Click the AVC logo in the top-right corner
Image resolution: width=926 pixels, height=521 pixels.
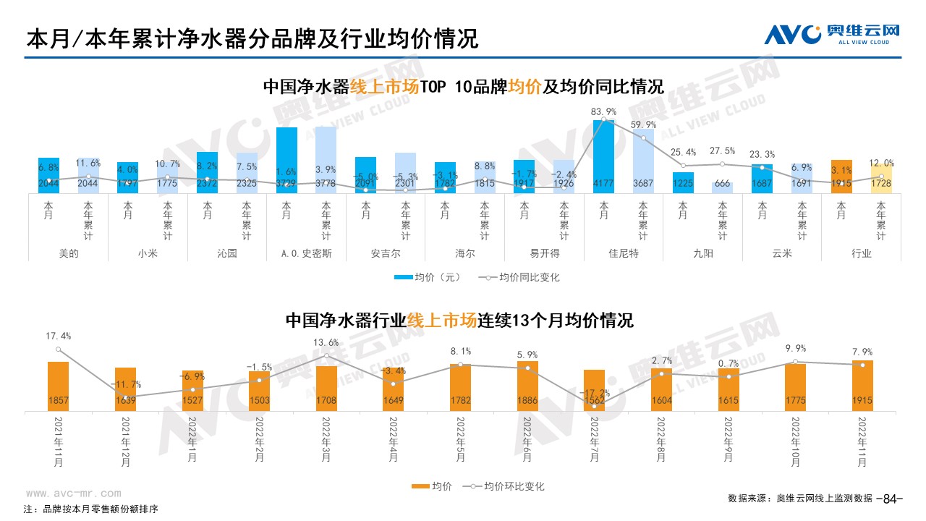[833, 33]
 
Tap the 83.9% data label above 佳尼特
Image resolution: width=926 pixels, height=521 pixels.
[603, 111]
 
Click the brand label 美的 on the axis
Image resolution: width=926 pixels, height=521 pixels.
[69, 254]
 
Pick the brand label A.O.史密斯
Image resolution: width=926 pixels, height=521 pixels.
[307, 254]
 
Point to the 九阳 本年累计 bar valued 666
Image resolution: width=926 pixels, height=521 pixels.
[722, 188]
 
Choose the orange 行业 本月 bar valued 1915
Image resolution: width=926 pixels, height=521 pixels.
[841, 177]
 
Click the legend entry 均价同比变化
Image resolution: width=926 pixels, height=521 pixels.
[524, 277]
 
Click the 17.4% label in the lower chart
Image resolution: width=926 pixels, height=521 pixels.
[58, 336]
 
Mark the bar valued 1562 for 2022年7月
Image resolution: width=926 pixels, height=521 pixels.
[594, 391]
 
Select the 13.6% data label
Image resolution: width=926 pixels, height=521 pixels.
[326, 342]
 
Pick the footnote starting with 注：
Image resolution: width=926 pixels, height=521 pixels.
[90, 509]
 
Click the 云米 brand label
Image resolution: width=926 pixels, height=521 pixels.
[782, 254]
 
